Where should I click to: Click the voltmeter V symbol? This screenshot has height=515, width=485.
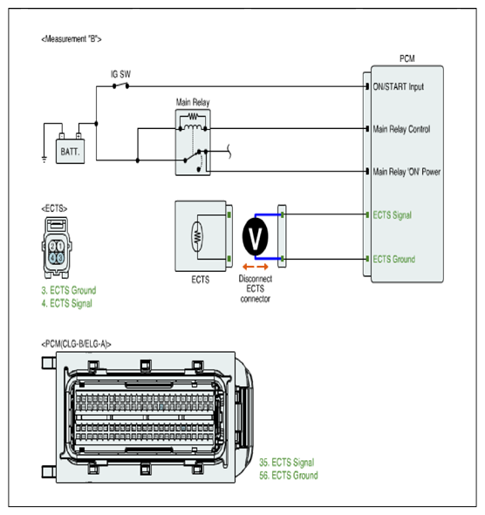point(256,236)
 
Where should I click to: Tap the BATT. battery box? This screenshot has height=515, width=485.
point(70,152)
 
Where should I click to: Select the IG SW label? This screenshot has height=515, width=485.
point(120,74)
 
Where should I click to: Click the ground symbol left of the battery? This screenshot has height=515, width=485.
point(44,160)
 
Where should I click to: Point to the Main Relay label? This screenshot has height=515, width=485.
point(193,103)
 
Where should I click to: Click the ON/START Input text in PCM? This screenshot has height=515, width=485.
point(398,87)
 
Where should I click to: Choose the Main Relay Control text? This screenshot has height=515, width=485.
point(401,129)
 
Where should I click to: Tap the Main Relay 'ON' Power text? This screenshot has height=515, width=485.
point(406,172)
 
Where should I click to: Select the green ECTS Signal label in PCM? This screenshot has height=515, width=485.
point(392,215)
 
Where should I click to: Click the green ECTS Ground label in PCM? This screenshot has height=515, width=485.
point(394,259)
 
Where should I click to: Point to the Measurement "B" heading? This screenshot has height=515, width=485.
point(72,39)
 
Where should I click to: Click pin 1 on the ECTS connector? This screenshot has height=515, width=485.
point(60,246)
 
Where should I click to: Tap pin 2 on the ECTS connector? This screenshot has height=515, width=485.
point(52,246)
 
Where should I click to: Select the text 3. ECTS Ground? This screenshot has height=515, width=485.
point(69,290)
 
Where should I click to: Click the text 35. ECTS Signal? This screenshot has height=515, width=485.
point(287,463)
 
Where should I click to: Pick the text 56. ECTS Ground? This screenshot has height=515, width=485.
point(289,475)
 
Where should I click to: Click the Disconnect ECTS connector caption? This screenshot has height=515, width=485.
point(256,288)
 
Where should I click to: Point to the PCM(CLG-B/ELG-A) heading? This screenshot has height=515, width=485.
point(76,344)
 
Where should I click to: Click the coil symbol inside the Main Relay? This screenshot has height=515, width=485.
point(193,127)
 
